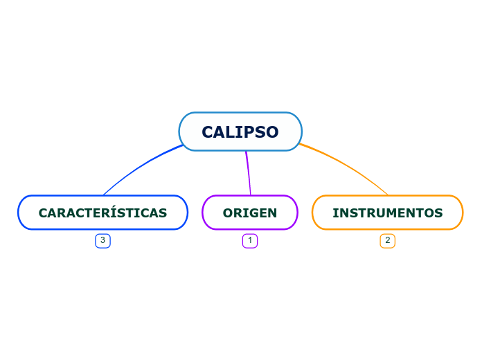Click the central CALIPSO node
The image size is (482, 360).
point(240,132)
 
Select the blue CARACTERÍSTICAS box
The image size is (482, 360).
point(102,213)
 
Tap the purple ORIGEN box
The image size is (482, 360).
point(250,213)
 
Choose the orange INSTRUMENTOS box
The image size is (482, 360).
point(387,213)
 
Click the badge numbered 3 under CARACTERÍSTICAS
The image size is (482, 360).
point(102,240)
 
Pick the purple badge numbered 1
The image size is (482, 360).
point(250,240)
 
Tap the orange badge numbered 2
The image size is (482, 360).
point(387,240)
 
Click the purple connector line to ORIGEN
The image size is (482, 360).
point(248,173)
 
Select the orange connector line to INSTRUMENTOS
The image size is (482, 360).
point(350,168)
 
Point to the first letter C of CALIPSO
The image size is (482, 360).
point(208,132)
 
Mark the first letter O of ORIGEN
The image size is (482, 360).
point(228,213)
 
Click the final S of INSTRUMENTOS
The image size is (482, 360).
point(439,213)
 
